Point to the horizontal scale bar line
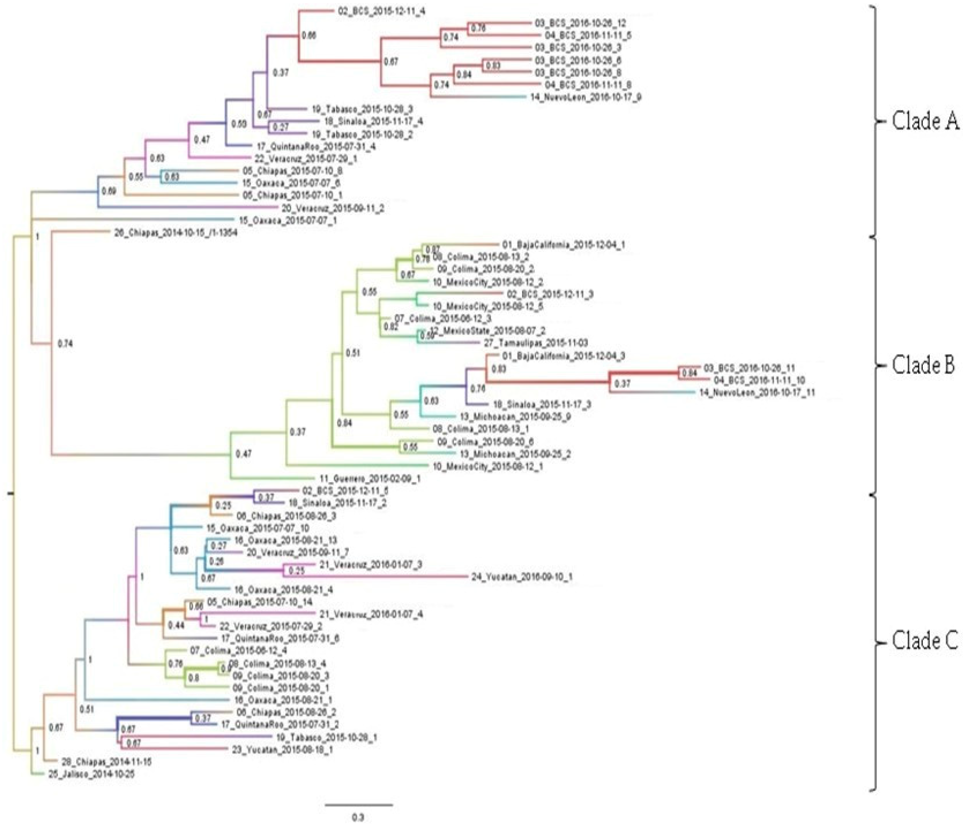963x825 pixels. click(358, 804)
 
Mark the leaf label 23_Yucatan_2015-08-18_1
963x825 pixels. click(282, 749)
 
